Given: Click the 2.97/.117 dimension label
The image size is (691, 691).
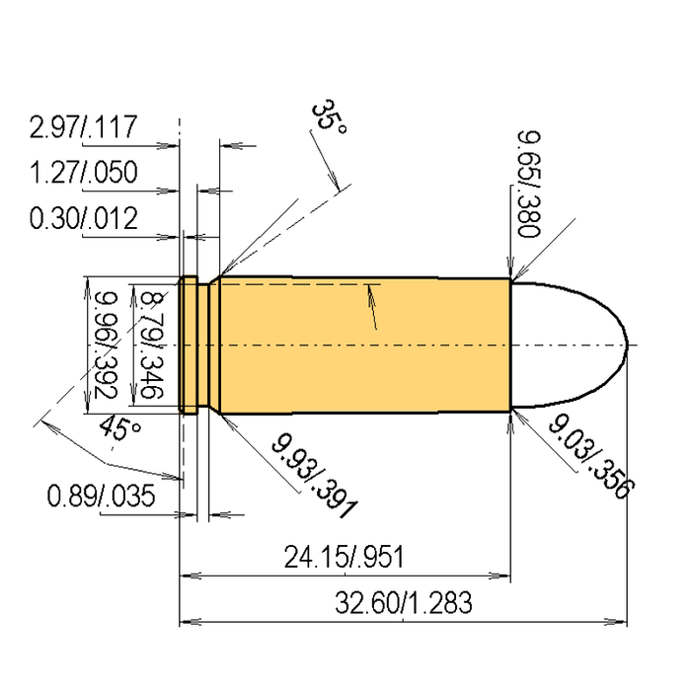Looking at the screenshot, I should tap(83, 128).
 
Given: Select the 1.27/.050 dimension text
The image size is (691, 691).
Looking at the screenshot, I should tap(83, 174).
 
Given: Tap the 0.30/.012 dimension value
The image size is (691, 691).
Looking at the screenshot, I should tap(83, 218).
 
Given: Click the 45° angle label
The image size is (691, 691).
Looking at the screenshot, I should tap(121, 430).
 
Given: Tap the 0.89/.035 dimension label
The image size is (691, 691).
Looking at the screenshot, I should tap(101, 496).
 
